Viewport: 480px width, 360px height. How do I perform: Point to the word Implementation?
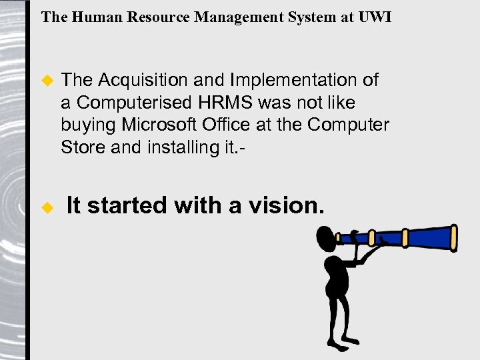click(x=295, y=81)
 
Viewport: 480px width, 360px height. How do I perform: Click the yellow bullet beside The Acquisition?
click(x=47, y=81)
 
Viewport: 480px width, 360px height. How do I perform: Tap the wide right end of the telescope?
click(x=454, y=236)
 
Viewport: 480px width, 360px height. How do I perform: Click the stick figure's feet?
click(x=338, y=346)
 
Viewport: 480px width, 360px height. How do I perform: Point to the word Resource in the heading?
click(x=157, y=17)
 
